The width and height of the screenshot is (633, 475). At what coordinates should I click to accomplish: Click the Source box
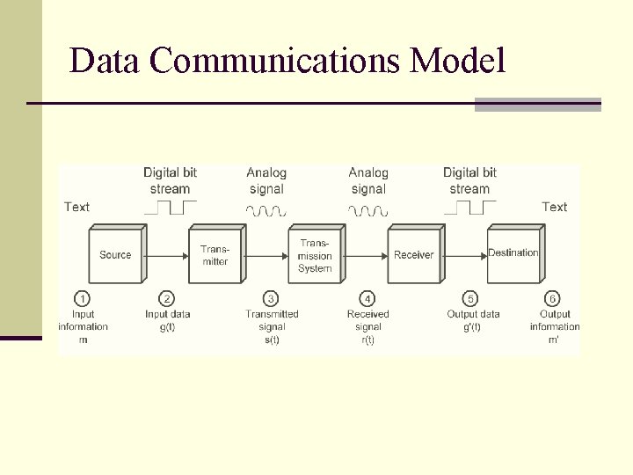[115, 255]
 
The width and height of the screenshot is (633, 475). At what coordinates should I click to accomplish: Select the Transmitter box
[215, 255]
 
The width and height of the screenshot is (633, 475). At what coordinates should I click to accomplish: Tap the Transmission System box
[315, 255]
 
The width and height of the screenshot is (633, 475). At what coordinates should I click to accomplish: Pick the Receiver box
[413, 255]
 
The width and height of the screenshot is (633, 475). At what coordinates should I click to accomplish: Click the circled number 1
[83, 299]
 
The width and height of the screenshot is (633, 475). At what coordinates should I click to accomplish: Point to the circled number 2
[168, 299]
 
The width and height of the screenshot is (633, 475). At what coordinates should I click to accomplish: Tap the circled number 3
[272, 299]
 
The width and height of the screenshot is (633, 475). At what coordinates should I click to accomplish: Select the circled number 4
[367, 299]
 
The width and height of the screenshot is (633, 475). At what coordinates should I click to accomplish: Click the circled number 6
[553, 299]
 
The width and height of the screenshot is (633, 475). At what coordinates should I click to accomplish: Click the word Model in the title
[458, 61]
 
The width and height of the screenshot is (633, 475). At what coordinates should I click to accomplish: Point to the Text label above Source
[76, 207]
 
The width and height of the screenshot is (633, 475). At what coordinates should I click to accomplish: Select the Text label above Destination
[554, 207]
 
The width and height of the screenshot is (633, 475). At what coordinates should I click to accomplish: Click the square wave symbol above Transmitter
[170, 208]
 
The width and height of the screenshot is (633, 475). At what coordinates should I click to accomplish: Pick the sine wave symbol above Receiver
[368, 210]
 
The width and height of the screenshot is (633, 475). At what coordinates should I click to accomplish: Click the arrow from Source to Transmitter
[167, 255]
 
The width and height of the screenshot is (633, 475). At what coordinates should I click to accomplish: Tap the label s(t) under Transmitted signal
[272, 340]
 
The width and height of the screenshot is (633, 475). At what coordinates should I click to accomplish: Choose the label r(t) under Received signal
[367, 340]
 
